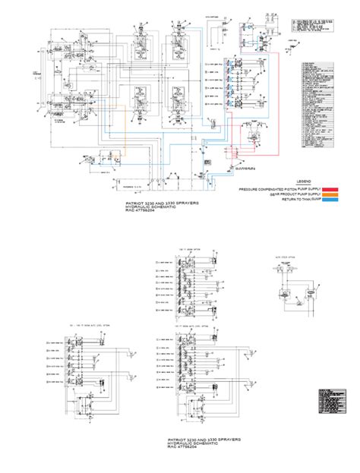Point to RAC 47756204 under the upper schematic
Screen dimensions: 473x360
point(144,213)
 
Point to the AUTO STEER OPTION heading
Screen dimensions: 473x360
point(281,258)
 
